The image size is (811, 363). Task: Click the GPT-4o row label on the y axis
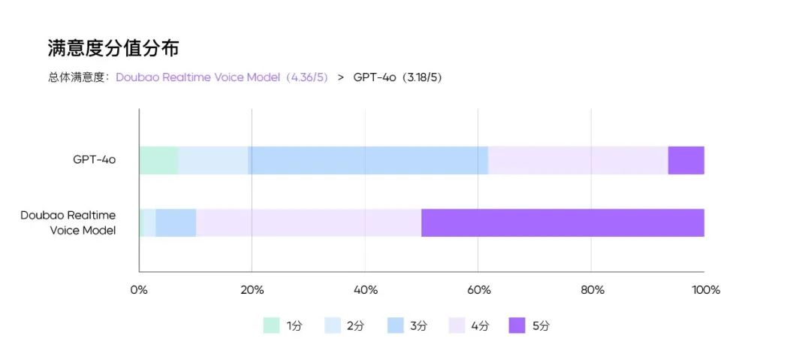[x=95, y=159]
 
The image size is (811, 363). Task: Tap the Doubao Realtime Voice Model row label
[x=68, y=223]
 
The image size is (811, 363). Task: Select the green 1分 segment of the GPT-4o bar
[x=158, y=160]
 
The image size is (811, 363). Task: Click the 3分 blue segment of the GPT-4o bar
[x=368, y=160]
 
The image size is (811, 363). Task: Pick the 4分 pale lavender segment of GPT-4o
[x=577, y=160]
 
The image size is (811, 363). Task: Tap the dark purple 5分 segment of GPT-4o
[x=686, y=160]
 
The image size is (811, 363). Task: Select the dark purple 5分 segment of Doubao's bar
[x=562, y=223]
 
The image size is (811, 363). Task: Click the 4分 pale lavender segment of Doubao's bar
[x=308, y=223]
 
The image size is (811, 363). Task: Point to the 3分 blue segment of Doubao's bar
[x=176, y=223]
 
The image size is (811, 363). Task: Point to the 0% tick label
[x=139, y=290]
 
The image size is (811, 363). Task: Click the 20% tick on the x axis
[x=252, y=290]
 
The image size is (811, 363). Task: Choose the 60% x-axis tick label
[x=478, y=290]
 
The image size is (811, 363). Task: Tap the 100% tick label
[x=705, y=290]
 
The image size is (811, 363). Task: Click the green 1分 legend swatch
[x=271, y=325]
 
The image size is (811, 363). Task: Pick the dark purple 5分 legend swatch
[x=517, y=325]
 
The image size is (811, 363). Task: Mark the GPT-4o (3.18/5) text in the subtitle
[x=397, y=77]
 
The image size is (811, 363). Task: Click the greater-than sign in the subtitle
[x=341, y=77]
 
